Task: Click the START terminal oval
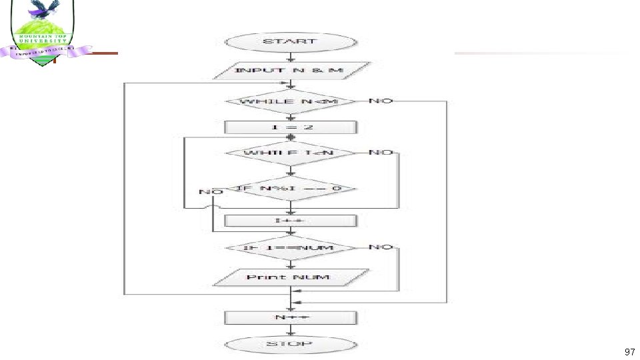pyautogui.click(x=290, y=41)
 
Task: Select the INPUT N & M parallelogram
pyautogui.click(x=291, y=71)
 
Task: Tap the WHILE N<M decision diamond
pyautogui.click(x=290, y=101)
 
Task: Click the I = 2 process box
pyautogui.click(x=291, y=127)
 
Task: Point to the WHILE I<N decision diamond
pyautogui.click(x=290, y=153)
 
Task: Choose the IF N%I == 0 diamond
pyautogui.click(x=290, y=189)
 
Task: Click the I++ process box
pyautogui.click(x=291, y=221)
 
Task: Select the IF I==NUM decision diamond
pyautogui.click(x=290, y=248)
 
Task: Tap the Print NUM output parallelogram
pyautogui.click(x=291, y=277)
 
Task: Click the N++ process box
pyautogui.click(x=291, y=317)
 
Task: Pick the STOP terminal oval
pyautogui.click(x=290, y=345)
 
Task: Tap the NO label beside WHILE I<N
pyautogui.click(x=381, y=152)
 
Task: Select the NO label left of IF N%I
pyautogui.click(x=211, y=192)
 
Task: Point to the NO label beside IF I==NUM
pyautogui.click(x=381, y=247)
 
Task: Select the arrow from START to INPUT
pyautogui.click(x=290, y=57)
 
